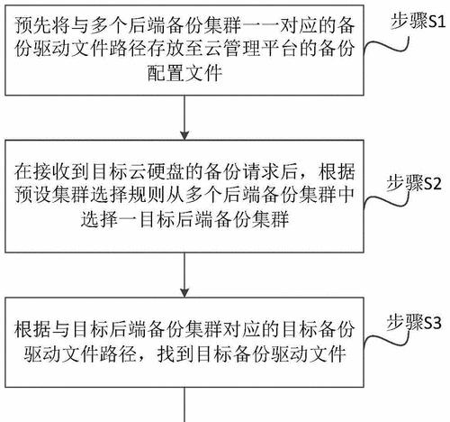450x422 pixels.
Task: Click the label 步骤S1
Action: [418, 22]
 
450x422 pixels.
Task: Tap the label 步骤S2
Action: [414, 183]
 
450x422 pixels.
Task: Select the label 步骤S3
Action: [414, 323]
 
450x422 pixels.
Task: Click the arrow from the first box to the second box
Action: [184, 117]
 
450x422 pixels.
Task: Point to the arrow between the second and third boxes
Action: [184, 275]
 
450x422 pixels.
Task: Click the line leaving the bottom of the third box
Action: [184, 405]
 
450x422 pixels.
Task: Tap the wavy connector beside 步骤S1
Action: [386, 45]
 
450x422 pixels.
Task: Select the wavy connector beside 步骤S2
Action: [386, 202]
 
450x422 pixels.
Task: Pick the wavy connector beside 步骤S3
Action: [386, 340]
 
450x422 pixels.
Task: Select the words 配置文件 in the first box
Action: [184, 73]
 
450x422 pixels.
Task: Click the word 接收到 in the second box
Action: [62, 172]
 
